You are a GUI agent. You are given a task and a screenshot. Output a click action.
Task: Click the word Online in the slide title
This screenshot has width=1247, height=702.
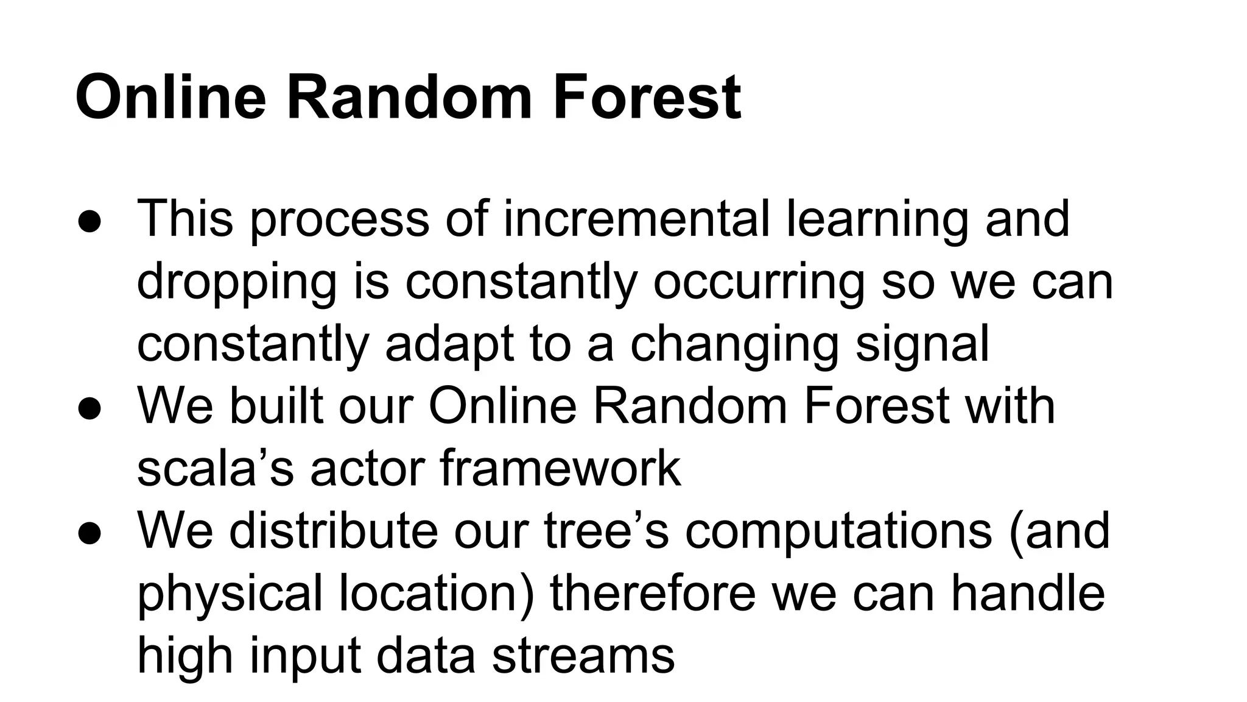point(170,97)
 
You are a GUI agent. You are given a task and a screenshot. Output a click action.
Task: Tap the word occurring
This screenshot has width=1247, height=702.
point(759,284)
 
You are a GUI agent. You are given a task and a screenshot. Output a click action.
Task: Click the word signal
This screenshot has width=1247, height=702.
point(922,346)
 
